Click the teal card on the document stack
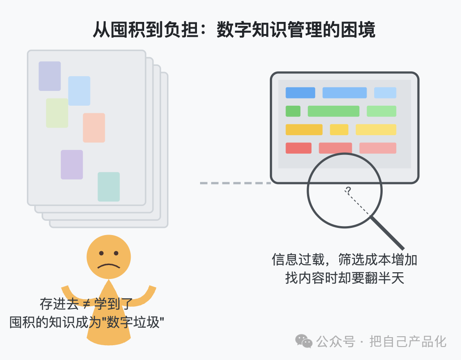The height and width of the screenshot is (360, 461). (108, 187)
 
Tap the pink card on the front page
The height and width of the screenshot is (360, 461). (94, 128)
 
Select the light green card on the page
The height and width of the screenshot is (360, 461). (57, 113)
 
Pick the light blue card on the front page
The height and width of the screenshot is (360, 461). (79, 91)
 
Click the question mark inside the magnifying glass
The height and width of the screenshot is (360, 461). (348, 191)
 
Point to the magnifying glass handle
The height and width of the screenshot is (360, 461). (387, 233)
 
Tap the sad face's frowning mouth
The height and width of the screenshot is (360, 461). (109, 266)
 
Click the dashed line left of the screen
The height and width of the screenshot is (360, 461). (235, 183)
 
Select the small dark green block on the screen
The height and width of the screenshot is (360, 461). (293, 111)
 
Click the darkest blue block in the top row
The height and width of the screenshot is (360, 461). (300, 93)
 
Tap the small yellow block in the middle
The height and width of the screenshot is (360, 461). (339, 130)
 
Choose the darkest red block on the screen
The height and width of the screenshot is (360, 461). (299, 148)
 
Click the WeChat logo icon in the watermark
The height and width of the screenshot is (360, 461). (304, 341)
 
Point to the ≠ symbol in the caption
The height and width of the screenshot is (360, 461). (86, 304)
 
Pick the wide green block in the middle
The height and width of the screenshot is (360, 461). (333, 111)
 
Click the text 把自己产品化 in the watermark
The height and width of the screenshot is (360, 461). (408, 342)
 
